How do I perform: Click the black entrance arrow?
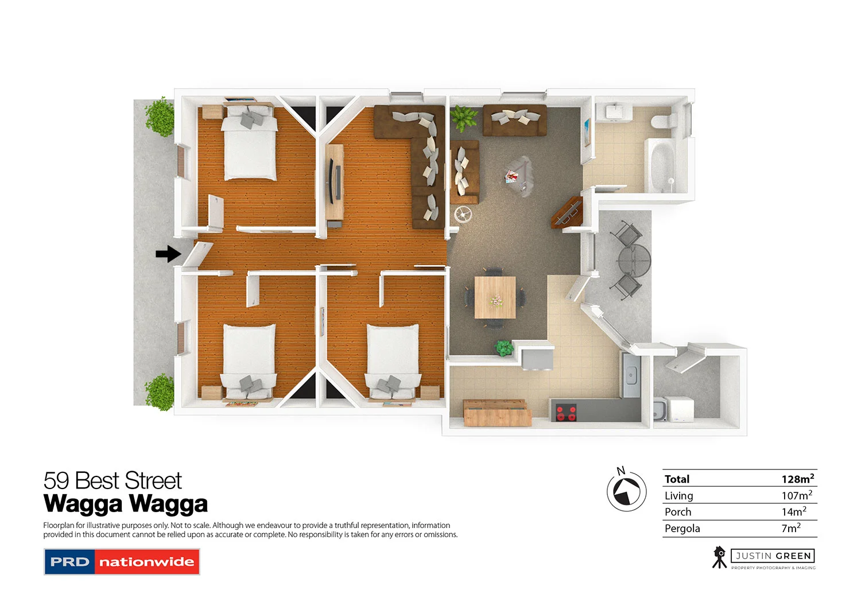(x=168, y=254)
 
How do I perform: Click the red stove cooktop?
(x=566, y=413)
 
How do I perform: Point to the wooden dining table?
(x=495, y=297)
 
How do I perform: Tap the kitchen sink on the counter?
(x=630, y=376)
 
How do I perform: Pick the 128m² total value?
(x=797, y=479)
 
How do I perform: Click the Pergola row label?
(x=682, y=529)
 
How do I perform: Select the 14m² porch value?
(x=793, y=511)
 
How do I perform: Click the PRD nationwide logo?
(x=122, y=562)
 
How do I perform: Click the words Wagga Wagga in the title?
(x=125, y=505)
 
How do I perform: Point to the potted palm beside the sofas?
(x=463, y=118)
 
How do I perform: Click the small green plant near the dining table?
(x=504, y=347)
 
